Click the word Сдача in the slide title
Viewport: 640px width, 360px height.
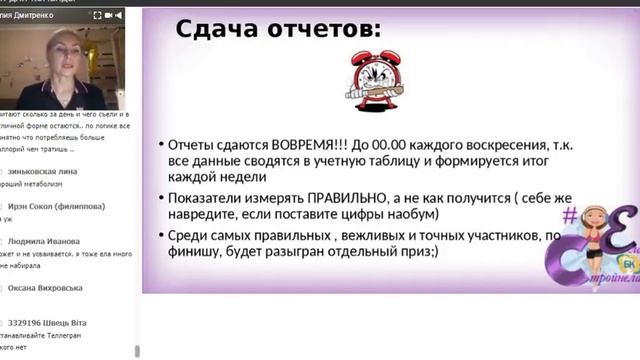pos(218,29)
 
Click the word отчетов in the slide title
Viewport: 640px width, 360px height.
pos(320,29)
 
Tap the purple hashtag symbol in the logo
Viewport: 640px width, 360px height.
pos(570,212)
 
